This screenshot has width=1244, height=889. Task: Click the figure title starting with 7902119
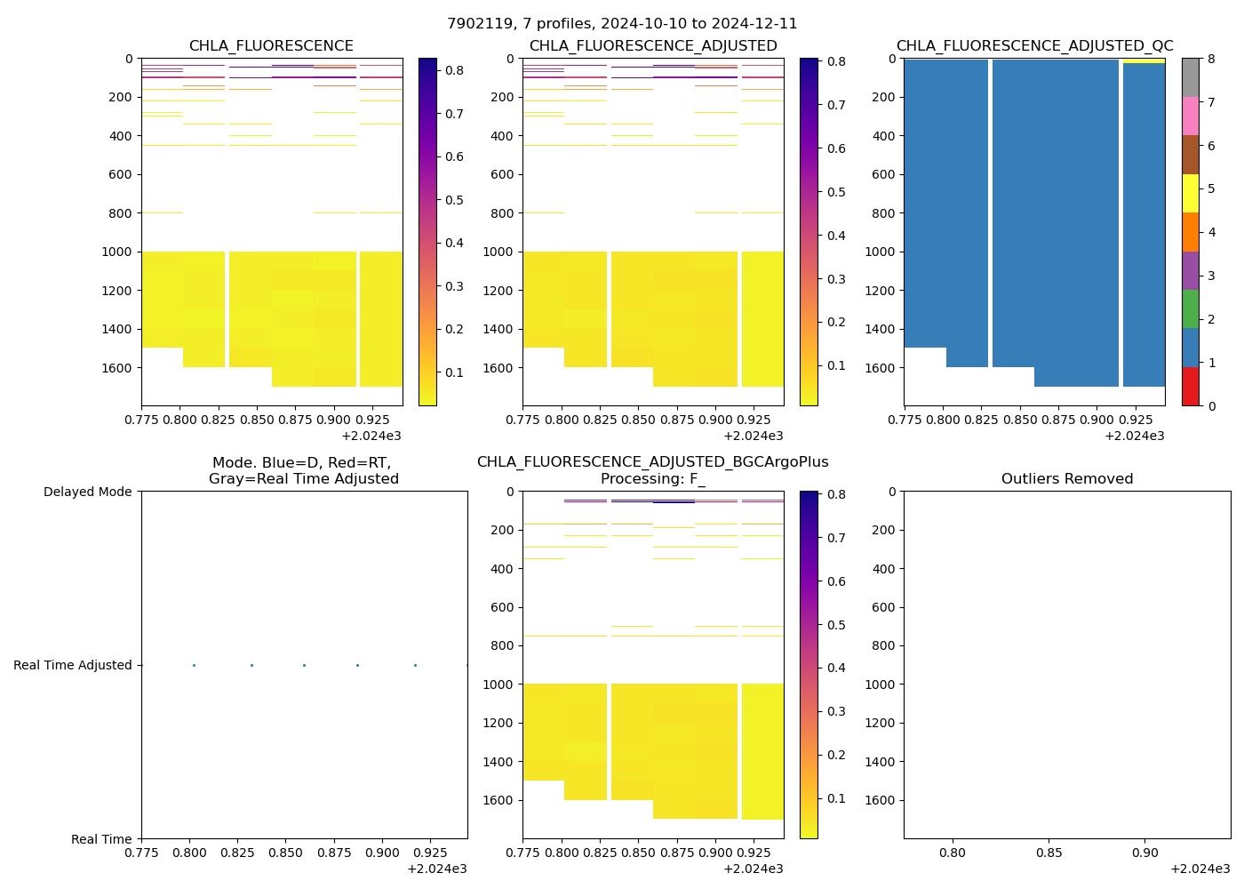point(622,24)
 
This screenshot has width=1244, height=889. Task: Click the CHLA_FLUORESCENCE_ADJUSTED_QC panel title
point(1034,46)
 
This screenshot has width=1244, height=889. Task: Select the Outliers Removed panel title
point(1066,479)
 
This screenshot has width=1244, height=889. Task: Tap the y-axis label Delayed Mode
point(87,492)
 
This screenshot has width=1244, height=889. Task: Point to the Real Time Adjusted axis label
point(72,665)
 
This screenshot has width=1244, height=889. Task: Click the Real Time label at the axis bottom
point(101,839)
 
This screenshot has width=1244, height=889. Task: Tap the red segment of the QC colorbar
point(1191,387)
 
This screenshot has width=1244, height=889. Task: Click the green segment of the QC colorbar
point(1191,309)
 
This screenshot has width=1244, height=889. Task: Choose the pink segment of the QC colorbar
point(1191,116)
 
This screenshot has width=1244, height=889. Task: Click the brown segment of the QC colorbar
point(1191,155)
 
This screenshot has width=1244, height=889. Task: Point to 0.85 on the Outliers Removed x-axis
point(1049,853)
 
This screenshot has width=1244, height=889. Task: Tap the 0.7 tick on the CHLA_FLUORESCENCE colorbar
point(454,114)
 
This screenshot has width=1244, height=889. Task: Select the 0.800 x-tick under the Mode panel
point(189,853)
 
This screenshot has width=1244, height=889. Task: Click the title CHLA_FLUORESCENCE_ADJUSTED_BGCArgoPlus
point(652,462)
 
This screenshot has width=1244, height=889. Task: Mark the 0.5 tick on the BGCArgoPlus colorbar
point(835,625)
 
